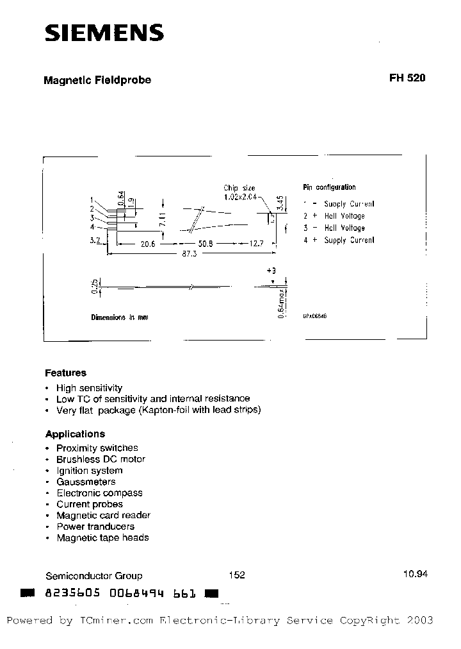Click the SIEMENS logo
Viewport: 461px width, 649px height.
[x=104, y=33]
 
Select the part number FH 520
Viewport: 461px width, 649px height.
[x=407, y=78]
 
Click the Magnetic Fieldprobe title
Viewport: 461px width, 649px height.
[x=97, y=81]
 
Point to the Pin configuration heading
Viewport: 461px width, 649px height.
[x=329, y=187]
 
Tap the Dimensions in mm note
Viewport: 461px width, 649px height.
[x=119, y=317]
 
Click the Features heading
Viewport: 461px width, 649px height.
[x=65, y=373]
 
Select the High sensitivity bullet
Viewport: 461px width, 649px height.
[x=89, y=388]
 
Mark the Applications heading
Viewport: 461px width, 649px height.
[x=75, y=434]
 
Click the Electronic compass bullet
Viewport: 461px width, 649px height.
[x=99, y=493]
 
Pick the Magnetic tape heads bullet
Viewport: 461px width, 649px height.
[x=102, y=538]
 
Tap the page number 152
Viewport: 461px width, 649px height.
[x=236, y=575]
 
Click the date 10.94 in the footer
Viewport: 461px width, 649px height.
[x=415, y=575]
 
